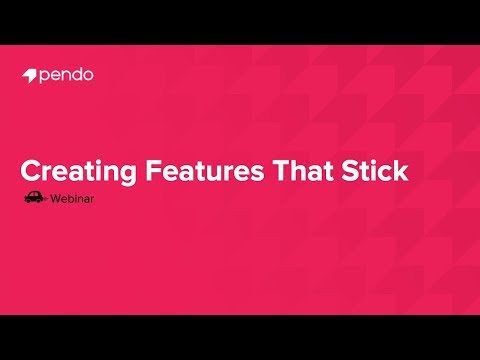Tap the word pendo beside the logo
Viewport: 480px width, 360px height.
click(67, 75)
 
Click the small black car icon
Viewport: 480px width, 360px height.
click(34, 197)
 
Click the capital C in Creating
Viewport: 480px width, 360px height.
click(32, 171)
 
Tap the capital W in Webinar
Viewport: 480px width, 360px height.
click(56, 198)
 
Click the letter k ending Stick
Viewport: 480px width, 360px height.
click(402, 171)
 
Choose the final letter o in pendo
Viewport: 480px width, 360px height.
click(90, 75)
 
